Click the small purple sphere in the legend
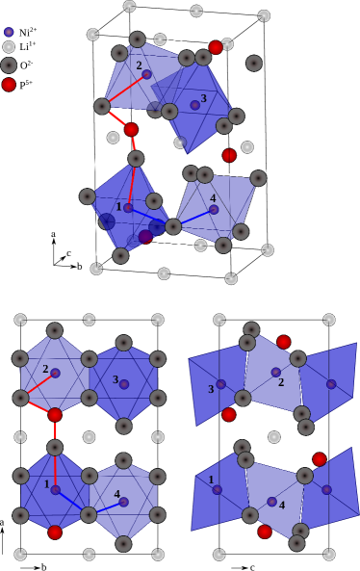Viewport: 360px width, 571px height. [9, 32]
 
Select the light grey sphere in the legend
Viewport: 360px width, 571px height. [9, 47]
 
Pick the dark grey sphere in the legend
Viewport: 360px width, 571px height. [9, 65]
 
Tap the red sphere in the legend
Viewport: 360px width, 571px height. [9, 85]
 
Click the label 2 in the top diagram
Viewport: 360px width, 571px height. [139, 65]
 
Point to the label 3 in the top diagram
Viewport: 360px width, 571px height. [203, 98]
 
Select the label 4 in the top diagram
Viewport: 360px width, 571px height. [213, 198]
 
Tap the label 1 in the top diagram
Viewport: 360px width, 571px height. [119, 206]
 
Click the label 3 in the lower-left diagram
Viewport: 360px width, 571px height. [116, 379]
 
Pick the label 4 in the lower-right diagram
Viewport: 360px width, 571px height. [282, 505]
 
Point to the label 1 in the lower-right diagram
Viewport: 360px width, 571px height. [212, 480]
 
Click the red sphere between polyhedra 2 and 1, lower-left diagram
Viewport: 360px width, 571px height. [55, 415]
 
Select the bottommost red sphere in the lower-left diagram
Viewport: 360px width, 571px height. [55, 532]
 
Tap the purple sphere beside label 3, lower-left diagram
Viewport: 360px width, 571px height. [124, 384]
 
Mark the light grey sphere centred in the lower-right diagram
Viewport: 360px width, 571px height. [273, 436]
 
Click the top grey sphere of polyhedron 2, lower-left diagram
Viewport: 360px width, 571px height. [55, 330]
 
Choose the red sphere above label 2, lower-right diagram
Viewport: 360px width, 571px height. [283, 342]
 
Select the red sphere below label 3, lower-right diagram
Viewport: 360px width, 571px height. [228, 414]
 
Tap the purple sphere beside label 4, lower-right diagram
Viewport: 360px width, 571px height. [271, 502]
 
